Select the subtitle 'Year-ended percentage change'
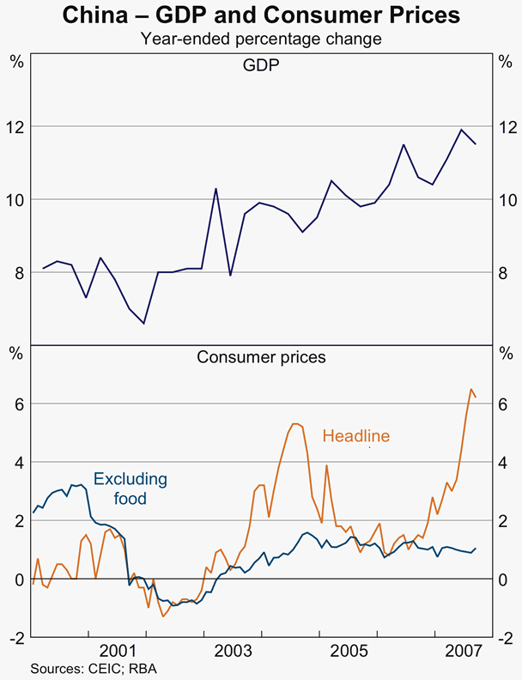coord(261,39)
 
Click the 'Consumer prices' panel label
coord(261,357)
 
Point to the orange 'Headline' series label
coord(356,436)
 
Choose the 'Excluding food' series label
coord(130,489)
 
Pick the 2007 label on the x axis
coord(462,650)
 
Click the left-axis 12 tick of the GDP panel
coord(17,126)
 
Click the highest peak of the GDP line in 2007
coord(462,130)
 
